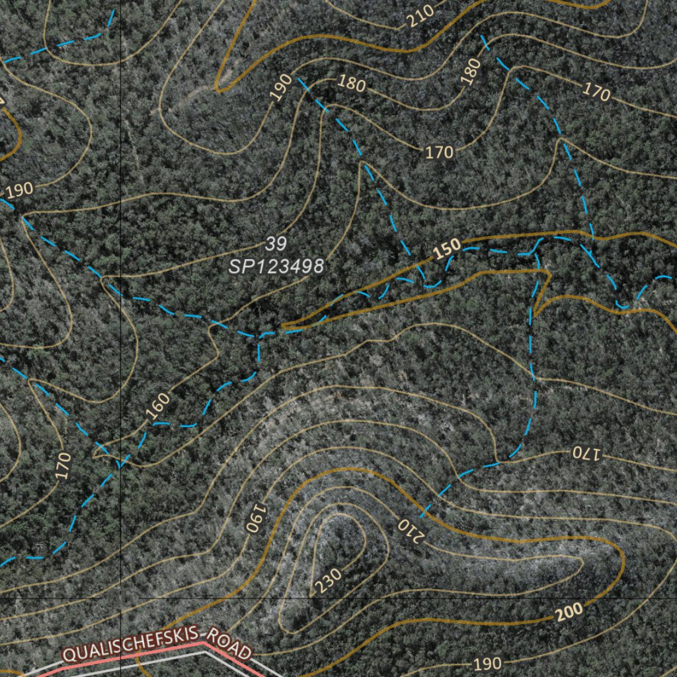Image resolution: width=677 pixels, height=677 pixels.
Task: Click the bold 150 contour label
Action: [x=448, y=249]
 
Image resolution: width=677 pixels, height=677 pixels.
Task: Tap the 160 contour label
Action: [x=158, y=406]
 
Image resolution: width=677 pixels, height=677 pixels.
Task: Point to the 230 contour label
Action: [x=328, y=579]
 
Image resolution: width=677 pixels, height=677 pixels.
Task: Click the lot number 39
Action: [x=276, y=244]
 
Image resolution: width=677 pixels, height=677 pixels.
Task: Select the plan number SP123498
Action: [x=276, y=266]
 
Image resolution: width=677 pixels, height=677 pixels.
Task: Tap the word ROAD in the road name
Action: [x=229, y=645]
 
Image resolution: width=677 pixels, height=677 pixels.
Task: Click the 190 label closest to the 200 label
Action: [x=488, y=663]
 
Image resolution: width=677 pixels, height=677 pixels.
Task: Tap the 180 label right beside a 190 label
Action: [x=352, y=83]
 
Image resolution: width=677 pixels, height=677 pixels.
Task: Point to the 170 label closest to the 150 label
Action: [x=439, y=153]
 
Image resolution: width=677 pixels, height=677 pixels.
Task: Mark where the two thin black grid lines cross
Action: [x=121, y=598]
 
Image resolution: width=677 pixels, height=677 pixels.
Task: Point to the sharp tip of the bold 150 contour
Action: [x=282, y=327]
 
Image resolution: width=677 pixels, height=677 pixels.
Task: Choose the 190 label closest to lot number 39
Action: [x=282, y=87]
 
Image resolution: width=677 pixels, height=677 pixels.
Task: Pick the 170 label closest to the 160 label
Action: [x=63, y=465]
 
